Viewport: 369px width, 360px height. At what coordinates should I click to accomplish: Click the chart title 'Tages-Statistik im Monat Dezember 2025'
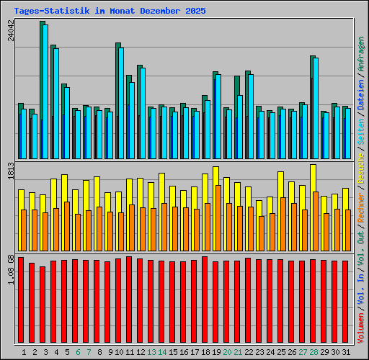(110, 12)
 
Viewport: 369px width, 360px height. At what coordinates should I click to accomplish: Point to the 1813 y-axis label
(12, 171)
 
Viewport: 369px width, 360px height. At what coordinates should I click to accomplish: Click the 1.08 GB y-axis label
(12, 267)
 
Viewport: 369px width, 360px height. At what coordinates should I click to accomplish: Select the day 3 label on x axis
(45, 353)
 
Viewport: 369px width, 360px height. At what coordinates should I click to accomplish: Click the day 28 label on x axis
(314, 353)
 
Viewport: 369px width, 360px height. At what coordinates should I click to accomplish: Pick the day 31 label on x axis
(346, 353)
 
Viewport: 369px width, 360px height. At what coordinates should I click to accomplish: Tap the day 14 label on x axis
(162, 353)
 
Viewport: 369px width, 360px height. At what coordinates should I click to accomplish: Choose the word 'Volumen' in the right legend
(361, 328)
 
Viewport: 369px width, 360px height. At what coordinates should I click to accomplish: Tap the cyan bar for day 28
(316, 108)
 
